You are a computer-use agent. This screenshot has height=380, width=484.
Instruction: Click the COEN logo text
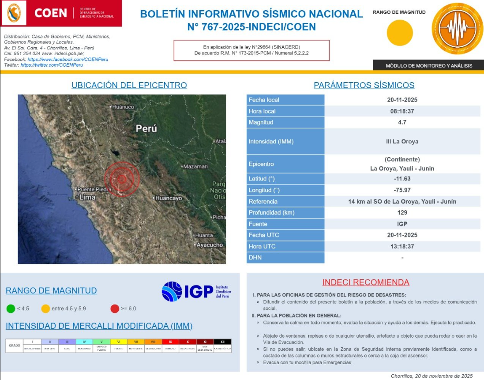(x=50, y=13)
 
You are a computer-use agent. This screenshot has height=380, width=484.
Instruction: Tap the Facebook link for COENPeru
(x=68, y=59)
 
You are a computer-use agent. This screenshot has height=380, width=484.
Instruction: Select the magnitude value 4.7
(x=401, y=122)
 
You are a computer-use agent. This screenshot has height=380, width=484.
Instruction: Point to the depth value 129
(x=402, y=213)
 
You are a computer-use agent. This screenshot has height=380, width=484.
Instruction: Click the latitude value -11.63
(x=402, y=179)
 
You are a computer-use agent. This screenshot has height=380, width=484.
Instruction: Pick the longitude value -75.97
(x=402, y=190)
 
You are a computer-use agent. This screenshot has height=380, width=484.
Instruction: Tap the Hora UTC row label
(x=262, y=246)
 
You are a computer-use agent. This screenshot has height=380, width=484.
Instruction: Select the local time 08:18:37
(x=402, y=111)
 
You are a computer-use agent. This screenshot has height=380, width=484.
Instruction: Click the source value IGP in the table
(x=402, y=224)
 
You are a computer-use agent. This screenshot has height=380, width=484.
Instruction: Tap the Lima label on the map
(x=87, y=197)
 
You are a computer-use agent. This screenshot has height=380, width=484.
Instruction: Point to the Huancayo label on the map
(x=169, y=198)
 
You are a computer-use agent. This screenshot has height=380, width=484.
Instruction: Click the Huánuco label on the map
(x=123, y=107)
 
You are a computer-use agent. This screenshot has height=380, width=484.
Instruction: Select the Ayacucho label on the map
(x=210, y=245)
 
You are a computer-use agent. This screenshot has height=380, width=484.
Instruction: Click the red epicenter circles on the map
(x=122, y=179)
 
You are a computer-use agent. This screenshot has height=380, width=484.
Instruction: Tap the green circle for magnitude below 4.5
(x=11, y=309)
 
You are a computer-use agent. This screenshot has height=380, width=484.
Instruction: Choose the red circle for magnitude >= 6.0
(x=115, y=309)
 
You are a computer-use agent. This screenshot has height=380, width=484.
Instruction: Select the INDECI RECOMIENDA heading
(x=366, y=282)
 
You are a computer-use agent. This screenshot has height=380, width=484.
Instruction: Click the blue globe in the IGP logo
(x=172, y=291)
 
